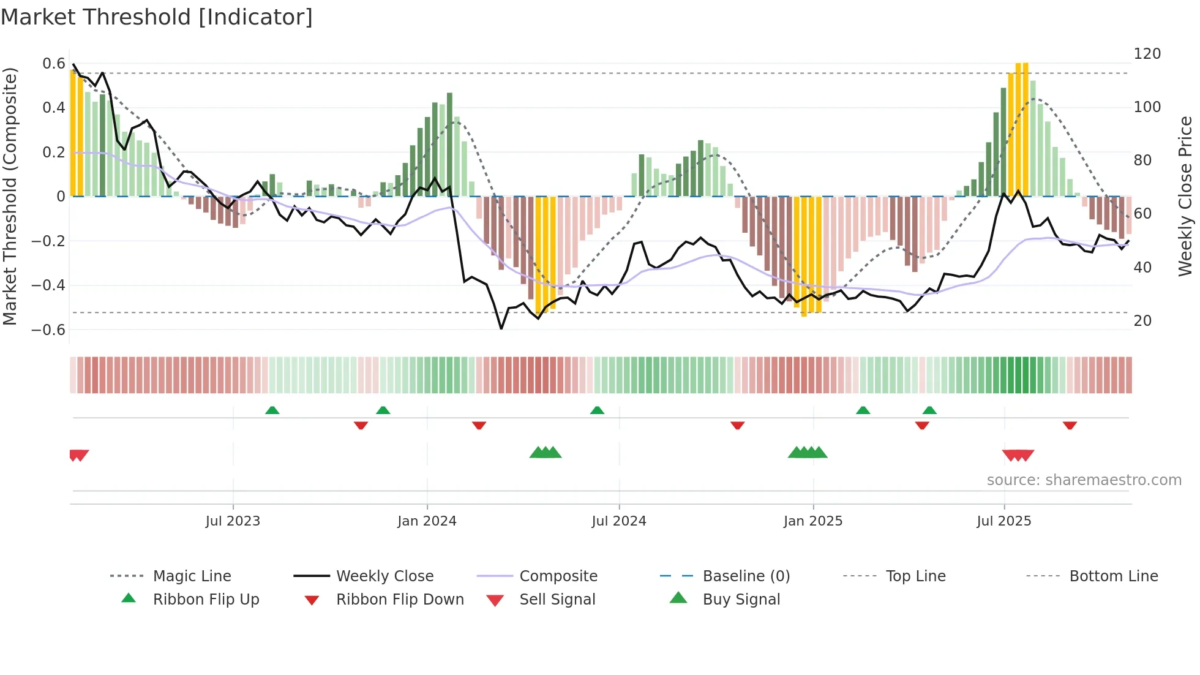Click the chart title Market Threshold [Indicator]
point(157,17)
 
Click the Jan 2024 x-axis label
point(427,521)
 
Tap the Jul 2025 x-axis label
point(1003,521)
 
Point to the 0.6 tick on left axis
point(54,64)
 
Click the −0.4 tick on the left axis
point(48,285)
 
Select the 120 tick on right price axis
point(1147,54)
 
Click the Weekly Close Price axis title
point(1185,196)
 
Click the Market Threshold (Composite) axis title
point(10,196)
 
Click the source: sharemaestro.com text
point(1084,480)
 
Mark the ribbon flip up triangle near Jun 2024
point(597,410)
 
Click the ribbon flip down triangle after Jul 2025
point(1070,425)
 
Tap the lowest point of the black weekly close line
point(501,329)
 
